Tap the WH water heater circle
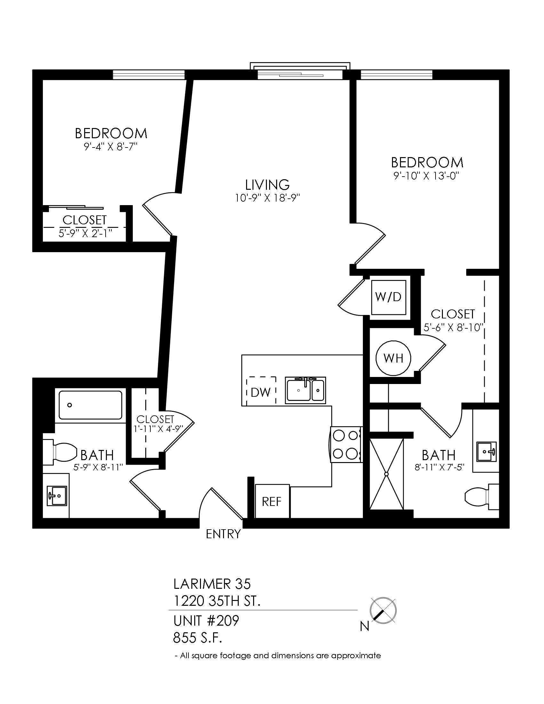[x=393, y=358]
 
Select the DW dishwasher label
[x=261, y=392]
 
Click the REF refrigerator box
[x=272, y=501]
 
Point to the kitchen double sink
[x=305, y=390]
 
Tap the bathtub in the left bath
[x=90, y=405]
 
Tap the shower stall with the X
[x=387, y=474]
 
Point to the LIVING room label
[x=268, y=185]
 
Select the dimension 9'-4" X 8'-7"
[x=110, y=147]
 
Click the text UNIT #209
[x=206, y=620]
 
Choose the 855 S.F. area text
[x=197, y=637]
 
